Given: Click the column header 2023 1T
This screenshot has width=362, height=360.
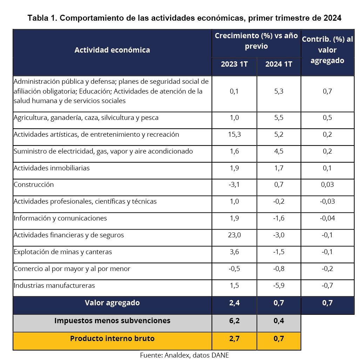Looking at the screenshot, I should pos(234,64).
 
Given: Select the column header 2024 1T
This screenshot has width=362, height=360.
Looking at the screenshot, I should pos(279,64).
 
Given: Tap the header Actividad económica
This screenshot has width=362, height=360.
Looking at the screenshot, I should pos(112,50).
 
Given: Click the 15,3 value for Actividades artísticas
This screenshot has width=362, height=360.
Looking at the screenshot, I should pos(234,134).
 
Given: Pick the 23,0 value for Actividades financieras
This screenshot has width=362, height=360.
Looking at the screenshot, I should pos(234,235).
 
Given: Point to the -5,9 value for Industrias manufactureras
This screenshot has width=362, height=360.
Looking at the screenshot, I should pos(279,285).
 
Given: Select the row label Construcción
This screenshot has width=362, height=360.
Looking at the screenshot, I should pos(34,184).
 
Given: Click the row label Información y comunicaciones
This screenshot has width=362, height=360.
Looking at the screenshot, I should pos(60,218).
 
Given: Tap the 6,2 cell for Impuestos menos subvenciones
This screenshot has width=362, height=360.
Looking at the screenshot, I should pos(234,320).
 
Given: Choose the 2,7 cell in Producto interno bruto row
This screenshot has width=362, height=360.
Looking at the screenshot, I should pos(234,339).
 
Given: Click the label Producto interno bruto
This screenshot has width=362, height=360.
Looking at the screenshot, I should pos(112,339).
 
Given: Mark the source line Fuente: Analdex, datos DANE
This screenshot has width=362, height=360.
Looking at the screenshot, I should pos(184,355).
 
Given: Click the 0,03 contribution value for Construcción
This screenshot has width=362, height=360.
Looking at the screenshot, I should pos(327,184).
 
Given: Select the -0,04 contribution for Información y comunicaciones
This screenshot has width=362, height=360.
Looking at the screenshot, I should pos(327,218).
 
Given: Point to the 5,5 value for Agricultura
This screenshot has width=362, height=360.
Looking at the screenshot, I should pos(279,117).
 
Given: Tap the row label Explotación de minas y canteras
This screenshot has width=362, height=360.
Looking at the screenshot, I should pos(63,252).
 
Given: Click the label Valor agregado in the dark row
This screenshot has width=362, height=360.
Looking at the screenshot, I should pos(112,303).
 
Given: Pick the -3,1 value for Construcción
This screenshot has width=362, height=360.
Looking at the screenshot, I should pos(234,184).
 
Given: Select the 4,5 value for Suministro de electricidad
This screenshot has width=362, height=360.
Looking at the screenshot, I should pos(279,151).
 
